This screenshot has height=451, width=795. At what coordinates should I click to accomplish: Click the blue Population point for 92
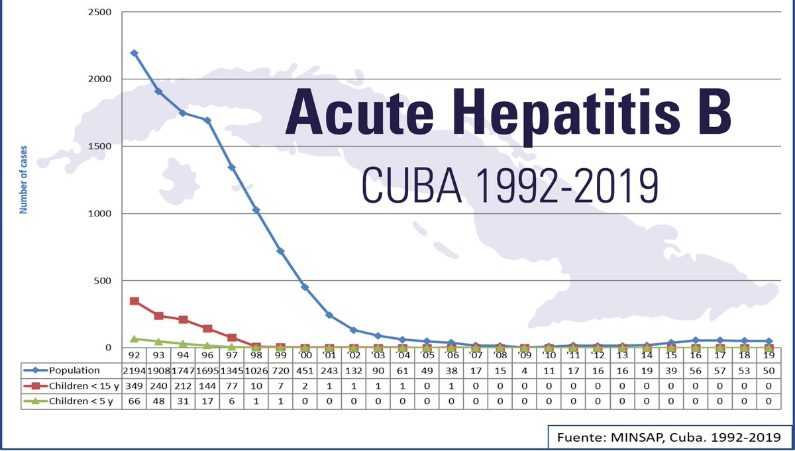(x=134, y=53)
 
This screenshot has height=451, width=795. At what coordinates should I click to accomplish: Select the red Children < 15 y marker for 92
(x=134, y=301)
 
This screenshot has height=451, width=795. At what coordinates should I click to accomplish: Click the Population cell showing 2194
(x=134, y=370)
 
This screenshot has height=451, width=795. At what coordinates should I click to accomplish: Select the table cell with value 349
(x=134, y=385)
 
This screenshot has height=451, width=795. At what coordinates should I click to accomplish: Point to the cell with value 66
(x=134, y=401)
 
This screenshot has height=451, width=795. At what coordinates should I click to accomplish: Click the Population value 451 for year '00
(x=305, y=370)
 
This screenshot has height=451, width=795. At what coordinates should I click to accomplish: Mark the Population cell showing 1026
(x=256, y=370)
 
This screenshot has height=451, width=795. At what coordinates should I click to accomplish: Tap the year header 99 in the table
(x=280, y=356)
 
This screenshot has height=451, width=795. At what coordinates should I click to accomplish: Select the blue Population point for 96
(x=207, y=121)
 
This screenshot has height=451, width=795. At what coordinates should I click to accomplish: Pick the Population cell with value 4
(x=524, y=370)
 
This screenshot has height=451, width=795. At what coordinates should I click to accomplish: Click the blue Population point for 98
(x=256, y=210)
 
